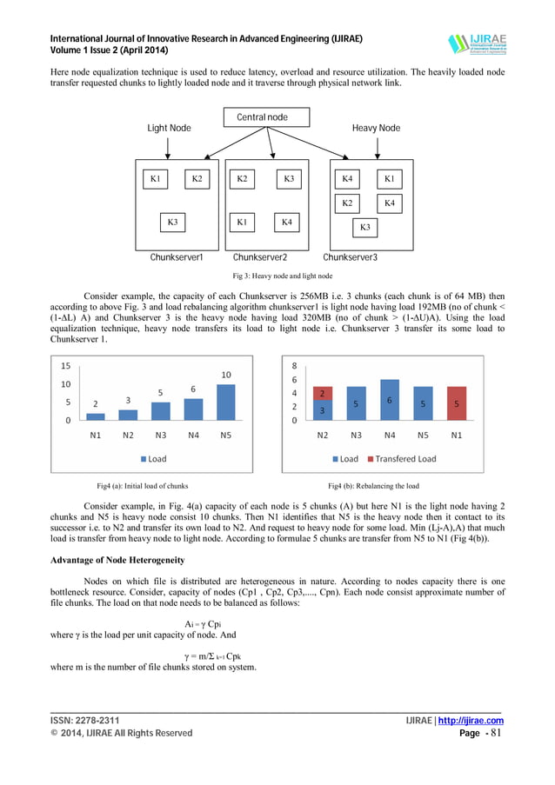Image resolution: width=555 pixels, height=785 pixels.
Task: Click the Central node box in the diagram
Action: pyautogui.click(x=262, y=116)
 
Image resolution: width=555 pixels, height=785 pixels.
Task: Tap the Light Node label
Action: pyautogui.click(x=169, y=129)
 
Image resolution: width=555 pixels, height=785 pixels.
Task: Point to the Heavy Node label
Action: pyautogui.click(x=376, y=129)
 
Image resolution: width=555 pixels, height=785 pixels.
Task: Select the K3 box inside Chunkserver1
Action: pyautogui.click(x=173, y=223)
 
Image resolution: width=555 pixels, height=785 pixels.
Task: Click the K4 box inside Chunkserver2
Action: pyautogui.click(x=286, y=223)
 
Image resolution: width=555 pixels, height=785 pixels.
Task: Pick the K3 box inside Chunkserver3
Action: pyautogui.click(x=364, y=228)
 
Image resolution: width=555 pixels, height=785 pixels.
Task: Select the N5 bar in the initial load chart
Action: pyautogui.click(x=225, y=402)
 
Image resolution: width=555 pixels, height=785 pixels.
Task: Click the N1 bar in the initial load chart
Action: pyautogui.click(x=96, y=416)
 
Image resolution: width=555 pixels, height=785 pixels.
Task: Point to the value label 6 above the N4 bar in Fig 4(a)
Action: pyautogui.click(x=193, y=389)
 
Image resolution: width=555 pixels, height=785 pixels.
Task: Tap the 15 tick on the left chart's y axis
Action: pyautogui.click(x=65, y=366)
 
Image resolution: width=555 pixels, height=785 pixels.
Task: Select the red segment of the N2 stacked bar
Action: pyautogui.click(x=323, y=394)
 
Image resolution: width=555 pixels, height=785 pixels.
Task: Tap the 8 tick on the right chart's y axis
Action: pyautogui.click(x=294, y=366)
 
